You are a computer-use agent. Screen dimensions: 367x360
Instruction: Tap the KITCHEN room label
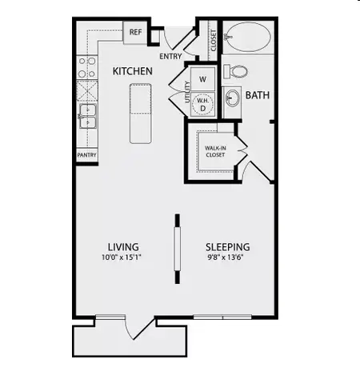point(132,71)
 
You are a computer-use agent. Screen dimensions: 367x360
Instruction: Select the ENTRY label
point(170,56)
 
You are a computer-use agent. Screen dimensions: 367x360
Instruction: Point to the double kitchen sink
point(87,117)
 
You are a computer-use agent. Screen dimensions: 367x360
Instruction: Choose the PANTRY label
point(86,154)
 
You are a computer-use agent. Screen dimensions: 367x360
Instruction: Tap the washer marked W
point(202,78)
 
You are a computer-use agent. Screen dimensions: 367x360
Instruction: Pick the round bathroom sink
point(232,99)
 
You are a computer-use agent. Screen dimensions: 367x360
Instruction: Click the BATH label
point(258,95)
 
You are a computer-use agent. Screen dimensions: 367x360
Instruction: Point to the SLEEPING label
point(228,246)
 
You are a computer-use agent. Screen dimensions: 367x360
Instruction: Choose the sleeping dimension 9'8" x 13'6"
point(228,257)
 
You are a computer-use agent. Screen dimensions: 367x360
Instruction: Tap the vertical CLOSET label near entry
point(213,39)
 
